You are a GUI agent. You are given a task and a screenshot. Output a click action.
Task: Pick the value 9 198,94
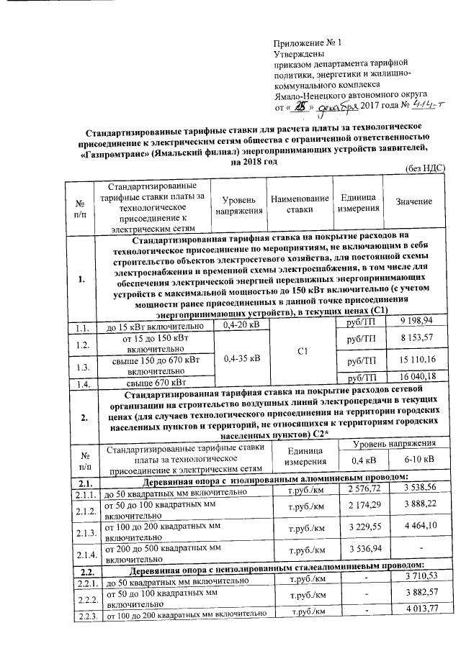tap(413, 319)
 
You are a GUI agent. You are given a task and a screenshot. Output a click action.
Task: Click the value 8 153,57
tap(413, 337)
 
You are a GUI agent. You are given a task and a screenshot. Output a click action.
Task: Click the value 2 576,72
tap(362, 489)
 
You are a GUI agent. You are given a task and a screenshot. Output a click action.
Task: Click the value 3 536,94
tap(362, 551)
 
